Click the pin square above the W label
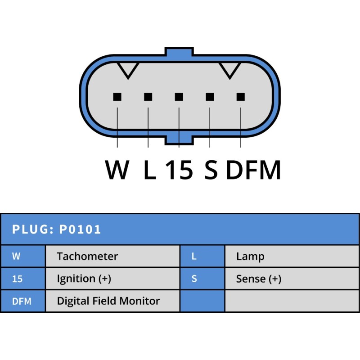pyautogui.click(x=117, y=96)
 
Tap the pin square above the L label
pyautogui.click(x=148, y=96)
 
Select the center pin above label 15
pyautogui.click(x=179, y=96)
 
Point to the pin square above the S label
pyautogui.click(x=210, y=96)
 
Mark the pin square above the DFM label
pyautogui.click(x=241, y=96)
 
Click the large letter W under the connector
pyautogui.click(x=117, y=170)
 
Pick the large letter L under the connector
pyautogui.click(x=149, y=170)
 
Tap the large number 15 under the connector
pyautogui.click(x=179, y=170)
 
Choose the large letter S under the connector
pyautogui.click(x=211, y=170)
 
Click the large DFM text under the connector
pyautogui.click(x=253, y=170)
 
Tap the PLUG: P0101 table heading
pyautogui.click(x=57, y=229)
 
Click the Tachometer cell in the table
pyautogui.click(x=87, y=256)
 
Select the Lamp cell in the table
pyautogui.click(x=250, y=256)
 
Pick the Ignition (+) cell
pyautogui.click(x=84, y=279)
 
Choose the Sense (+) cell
pyautogui.click(x=259, y=279)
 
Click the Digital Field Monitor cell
pyautogui.click(x=108, y=301)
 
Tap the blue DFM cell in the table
pyautogui.click(x=22, y=301)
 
